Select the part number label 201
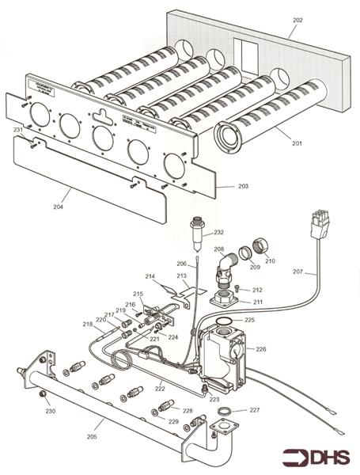pyautogui.click(x=297, y=142)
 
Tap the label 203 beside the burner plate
pyautogui.click(x=243, y=186)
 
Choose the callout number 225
pyautogui.click(x=249, y=321)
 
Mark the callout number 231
pyautogui.click(x=17, y=129)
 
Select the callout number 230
pyautogui.click(x=50, y=411)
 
